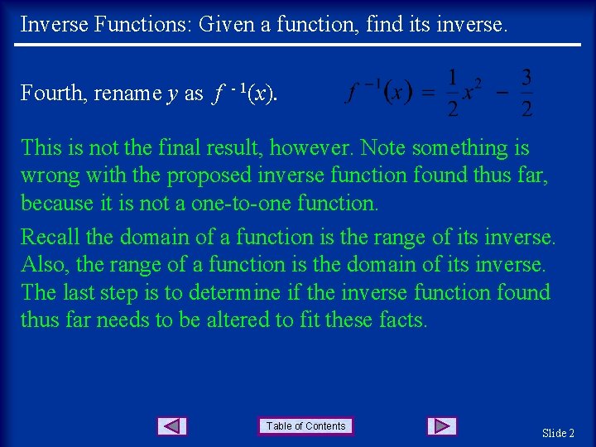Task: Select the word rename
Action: click(127, 94)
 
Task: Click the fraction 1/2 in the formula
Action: click(452, 93)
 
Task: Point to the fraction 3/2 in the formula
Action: click(527, 93)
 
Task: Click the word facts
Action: click(401, 320)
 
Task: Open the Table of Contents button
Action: click(305, 426)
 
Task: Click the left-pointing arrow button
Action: click(171, 426)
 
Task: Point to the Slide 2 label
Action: click(558, 433)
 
